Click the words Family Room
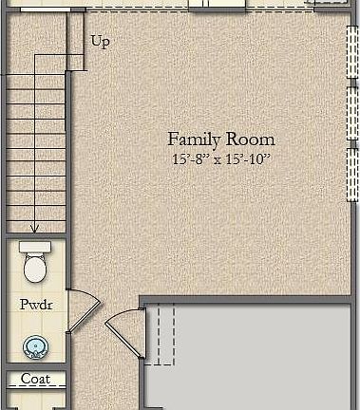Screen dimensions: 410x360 point(220,139)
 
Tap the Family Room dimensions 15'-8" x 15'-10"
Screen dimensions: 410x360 point(220,158)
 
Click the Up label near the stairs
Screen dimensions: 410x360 point(100,42)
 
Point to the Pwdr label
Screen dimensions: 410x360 point(35,306)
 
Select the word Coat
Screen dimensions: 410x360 point(35,379)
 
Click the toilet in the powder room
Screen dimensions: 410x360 point(35,266)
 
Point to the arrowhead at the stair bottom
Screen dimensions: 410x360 point(35,229)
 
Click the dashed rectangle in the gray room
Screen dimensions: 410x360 point(164,334)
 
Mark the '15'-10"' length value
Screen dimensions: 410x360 point(250,158)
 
